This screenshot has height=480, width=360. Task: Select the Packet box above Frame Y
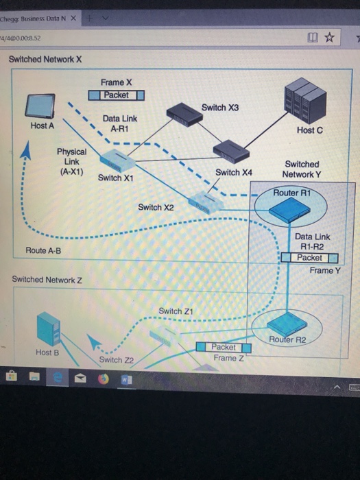(310, 258)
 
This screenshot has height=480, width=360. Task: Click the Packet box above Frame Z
(224, 348)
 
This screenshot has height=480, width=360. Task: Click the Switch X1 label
(115, 178)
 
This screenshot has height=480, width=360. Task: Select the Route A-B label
(43, 251)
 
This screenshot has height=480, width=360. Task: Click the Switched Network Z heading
(47, 280)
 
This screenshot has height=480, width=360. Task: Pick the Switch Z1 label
(170, 311)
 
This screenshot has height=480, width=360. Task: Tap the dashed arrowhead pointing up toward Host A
(25, 149)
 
